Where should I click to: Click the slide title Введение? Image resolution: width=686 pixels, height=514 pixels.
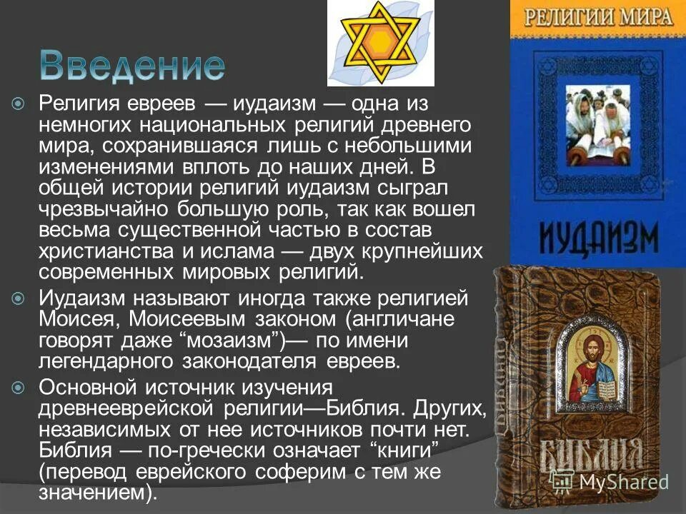[x=131, y=65]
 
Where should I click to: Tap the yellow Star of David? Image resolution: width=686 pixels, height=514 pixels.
[x=380, y=43]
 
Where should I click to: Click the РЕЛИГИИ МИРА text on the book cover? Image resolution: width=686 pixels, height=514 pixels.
[x=597, y=17]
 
